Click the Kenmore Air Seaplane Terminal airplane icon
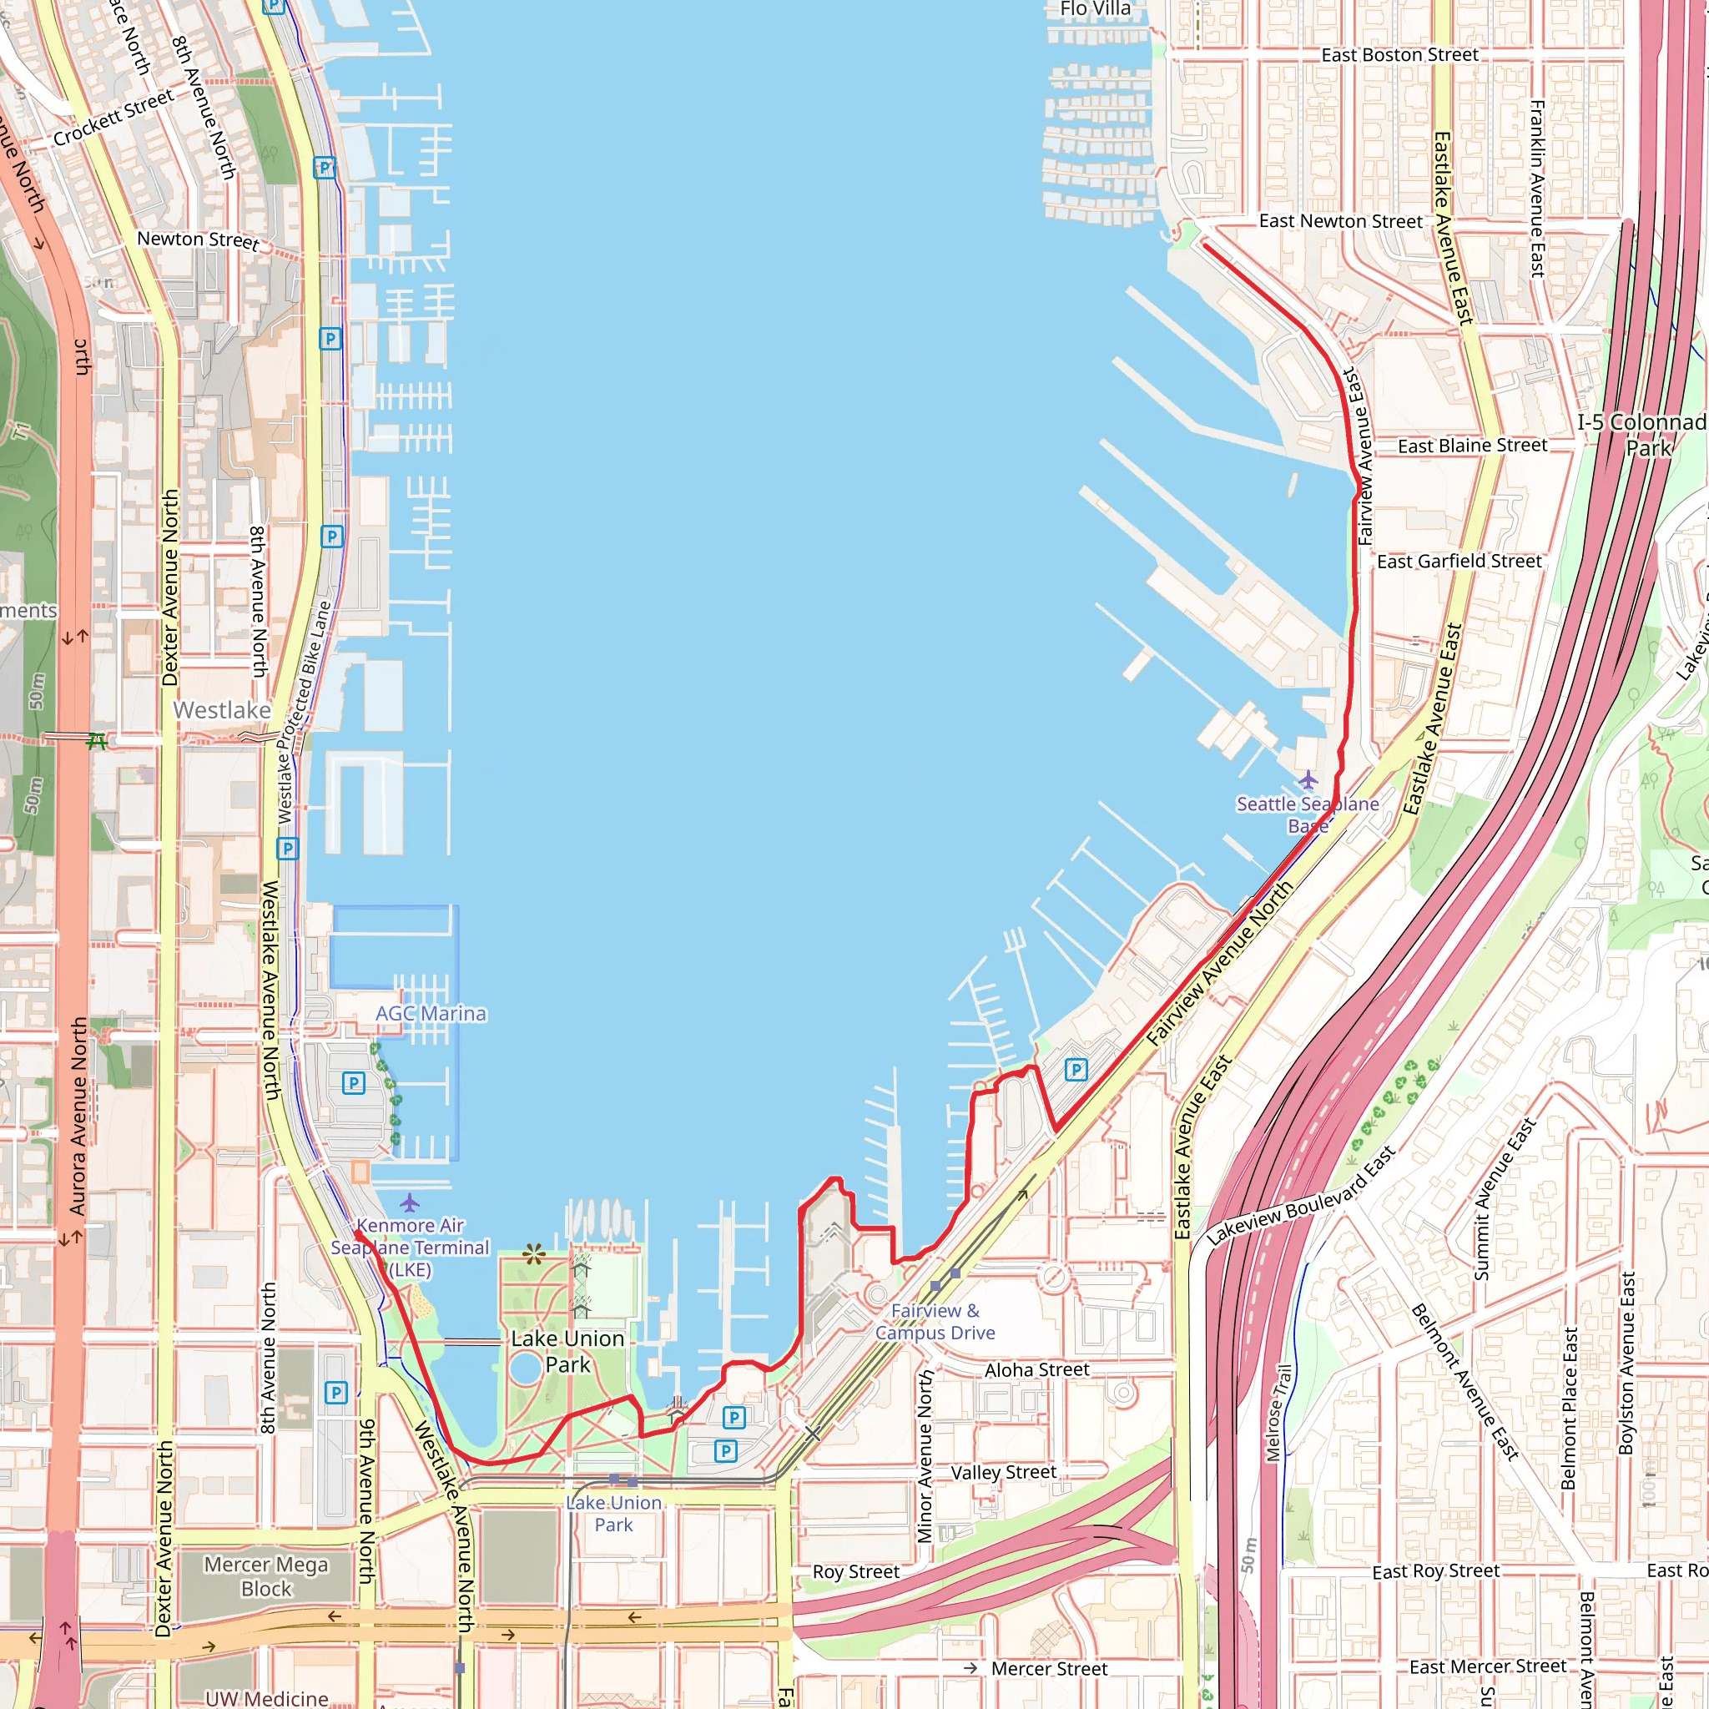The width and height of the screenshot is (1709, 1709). click(x=409, y=1203)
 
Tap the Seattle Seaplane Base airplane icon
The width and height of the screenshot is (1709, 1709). click(x=1308, y=780)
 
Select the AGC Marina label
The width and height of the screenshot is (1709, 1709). click(x=431, y=1014)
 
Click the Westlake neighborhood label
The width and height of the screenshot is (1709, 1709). click(x=222, y=710)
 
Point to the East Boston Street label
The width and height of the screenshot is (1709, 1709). click(x=1399, y=55)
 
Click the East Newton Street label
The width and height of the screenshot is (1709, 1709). click(x=1340, y=221)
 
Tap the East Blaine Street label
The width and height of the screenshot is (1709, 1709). click(x=1472, y=446)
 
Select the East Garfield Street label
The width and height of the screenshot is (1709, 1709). click(x=1459, y=562)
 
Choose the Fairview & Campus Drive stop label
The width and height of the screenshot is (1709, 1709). click(x=935, y=1322)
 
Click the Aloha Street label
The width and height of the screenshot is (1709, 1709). click(x=1036, y=1370)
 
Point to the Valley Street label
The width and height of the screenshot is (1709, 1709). click(x=1003, y=1473)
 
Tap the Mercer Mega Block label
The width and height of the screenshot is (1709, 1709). click(x=266, y=1576)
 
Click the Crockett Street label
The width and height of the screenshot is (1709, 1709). click(x=113, y=118)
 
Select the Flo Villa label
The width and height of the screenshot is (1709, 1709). click(x=1095, y=9)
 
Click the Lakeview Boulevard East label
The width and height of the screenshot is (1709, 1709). click(x=1300, y=1196)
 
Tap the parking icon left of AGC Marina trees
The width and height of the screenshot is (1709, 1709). click(x=353, y=1082)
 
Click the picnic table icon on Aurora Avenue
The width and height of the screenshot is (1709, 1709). click(x=97, y=741)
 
